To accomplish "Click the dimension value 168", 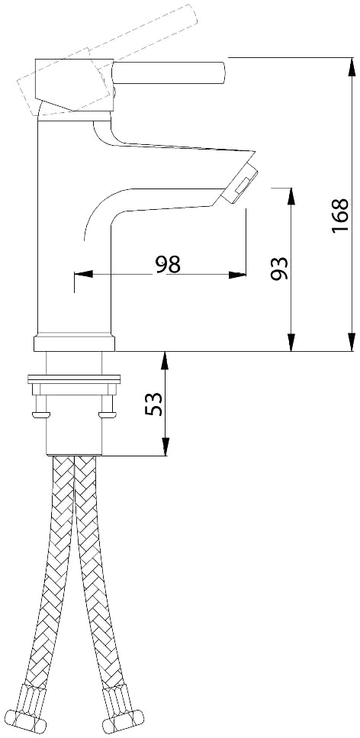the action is click(x=339, y=215).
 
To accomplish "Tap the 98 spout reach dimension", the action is click(x=168, y=265).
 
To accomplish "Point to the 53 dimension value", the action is click(x=153, y=404).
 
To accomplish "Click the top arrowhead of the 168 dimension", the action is click(x=352, y=66).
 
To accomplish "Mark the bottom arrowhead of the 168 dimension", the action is click(x=352, y=342).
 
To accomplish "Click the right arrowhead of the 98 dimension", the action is click(x=237, y=275).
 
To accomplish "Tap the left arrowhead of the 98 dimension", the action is click(x=83, y=275).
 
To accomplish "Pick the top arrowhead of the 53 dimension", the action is click(x=165, y=360).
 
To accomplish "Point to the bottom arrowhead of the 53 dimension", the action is click(x=165, y=446).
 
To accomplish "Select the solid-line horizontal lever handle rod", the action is click(x=169, y=73).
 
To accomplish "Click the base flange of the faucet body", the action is click(x=74, y=343).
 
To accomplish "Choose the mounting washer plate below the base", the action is click(x=74, y=379).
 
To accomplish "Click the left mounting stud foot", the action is click(x=41, y=414).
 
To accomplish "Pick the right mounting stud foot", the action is click(x=108, y=414).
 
